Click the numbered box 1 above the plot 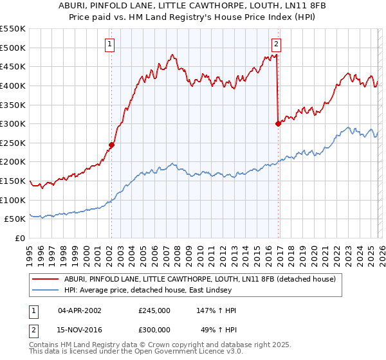(x=110, y=44)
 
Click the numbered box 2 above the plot (x=276, y=44)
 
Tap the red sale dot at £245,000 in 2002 (x=111, y=145)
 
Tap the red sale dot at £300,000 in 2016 (x=278, y=123)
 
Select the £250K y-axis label (x=13, y=143)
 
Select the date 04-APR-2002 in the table (x=80, y=310)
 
